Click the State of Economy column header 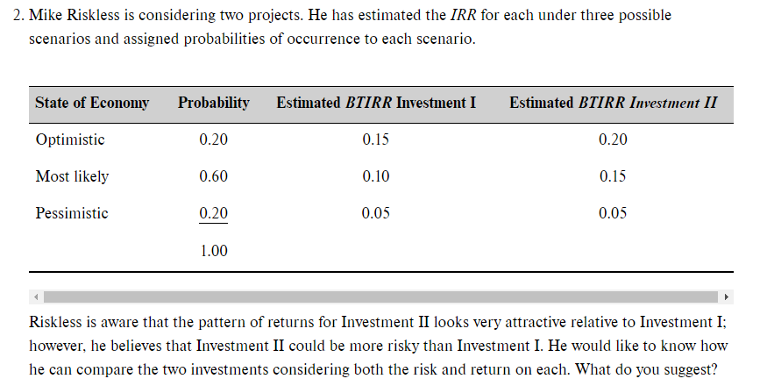[x=92, y=104]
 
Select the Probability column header [x=213, y=104]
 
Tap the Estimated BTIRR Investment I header [x=376, y=104]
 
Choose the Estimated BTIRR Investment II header [x=613, y=104]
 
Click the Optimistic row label [x=70, y=140]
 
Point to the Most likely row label [x=72, y=176]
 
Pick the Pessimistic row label [x=72, y=213]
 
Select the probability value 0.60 [x=213, y=176]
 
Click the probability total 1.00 [x=213, y=251]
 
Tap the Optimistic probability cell [x=213, y=140]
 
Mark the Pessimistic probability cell [x=213, y=213]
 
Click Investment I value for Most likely [x=376, y=176]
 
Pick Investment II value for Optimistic [x=613, y=140]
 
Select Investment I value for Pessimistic [x=376, y=213]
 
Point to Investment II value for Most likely [x=613, y=176]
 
